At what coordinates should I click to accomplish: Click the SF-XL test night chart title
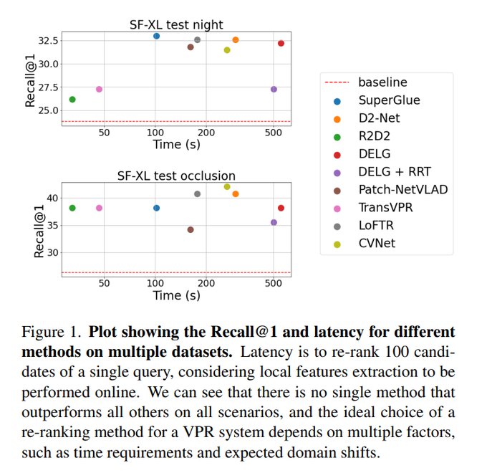tap(176, 27)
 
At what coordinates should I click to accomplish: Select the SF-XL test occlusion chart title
tap(176, 176)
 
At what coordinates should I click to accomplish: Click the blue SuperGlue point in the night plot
tap(156, 36)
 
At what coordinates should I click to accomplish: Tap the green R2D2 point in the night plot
tap(72, 99)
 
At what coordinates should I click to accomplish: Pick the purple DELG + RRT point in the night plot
tap(274, 90)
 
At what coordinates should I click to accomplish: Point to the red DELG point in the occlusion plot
tap(281, 208)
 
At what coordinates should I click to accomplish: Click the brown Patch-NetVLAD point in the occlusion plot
tap(191, 229)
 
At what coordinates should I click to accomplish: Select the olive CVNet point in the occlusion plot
tap(227, 186)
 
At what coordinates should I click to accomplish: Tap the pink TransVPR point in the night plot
tap(99, 90)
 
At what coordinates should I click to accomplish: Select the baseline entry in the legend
tap(382, 82)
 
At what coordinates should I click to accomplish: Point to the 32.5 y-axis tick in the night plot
tap(49, 40)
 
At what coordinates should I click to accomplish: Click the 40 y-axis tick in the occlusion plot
tap(53, 198)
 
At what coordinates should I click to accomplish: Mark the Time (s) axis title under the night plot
tap(176, 143)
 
